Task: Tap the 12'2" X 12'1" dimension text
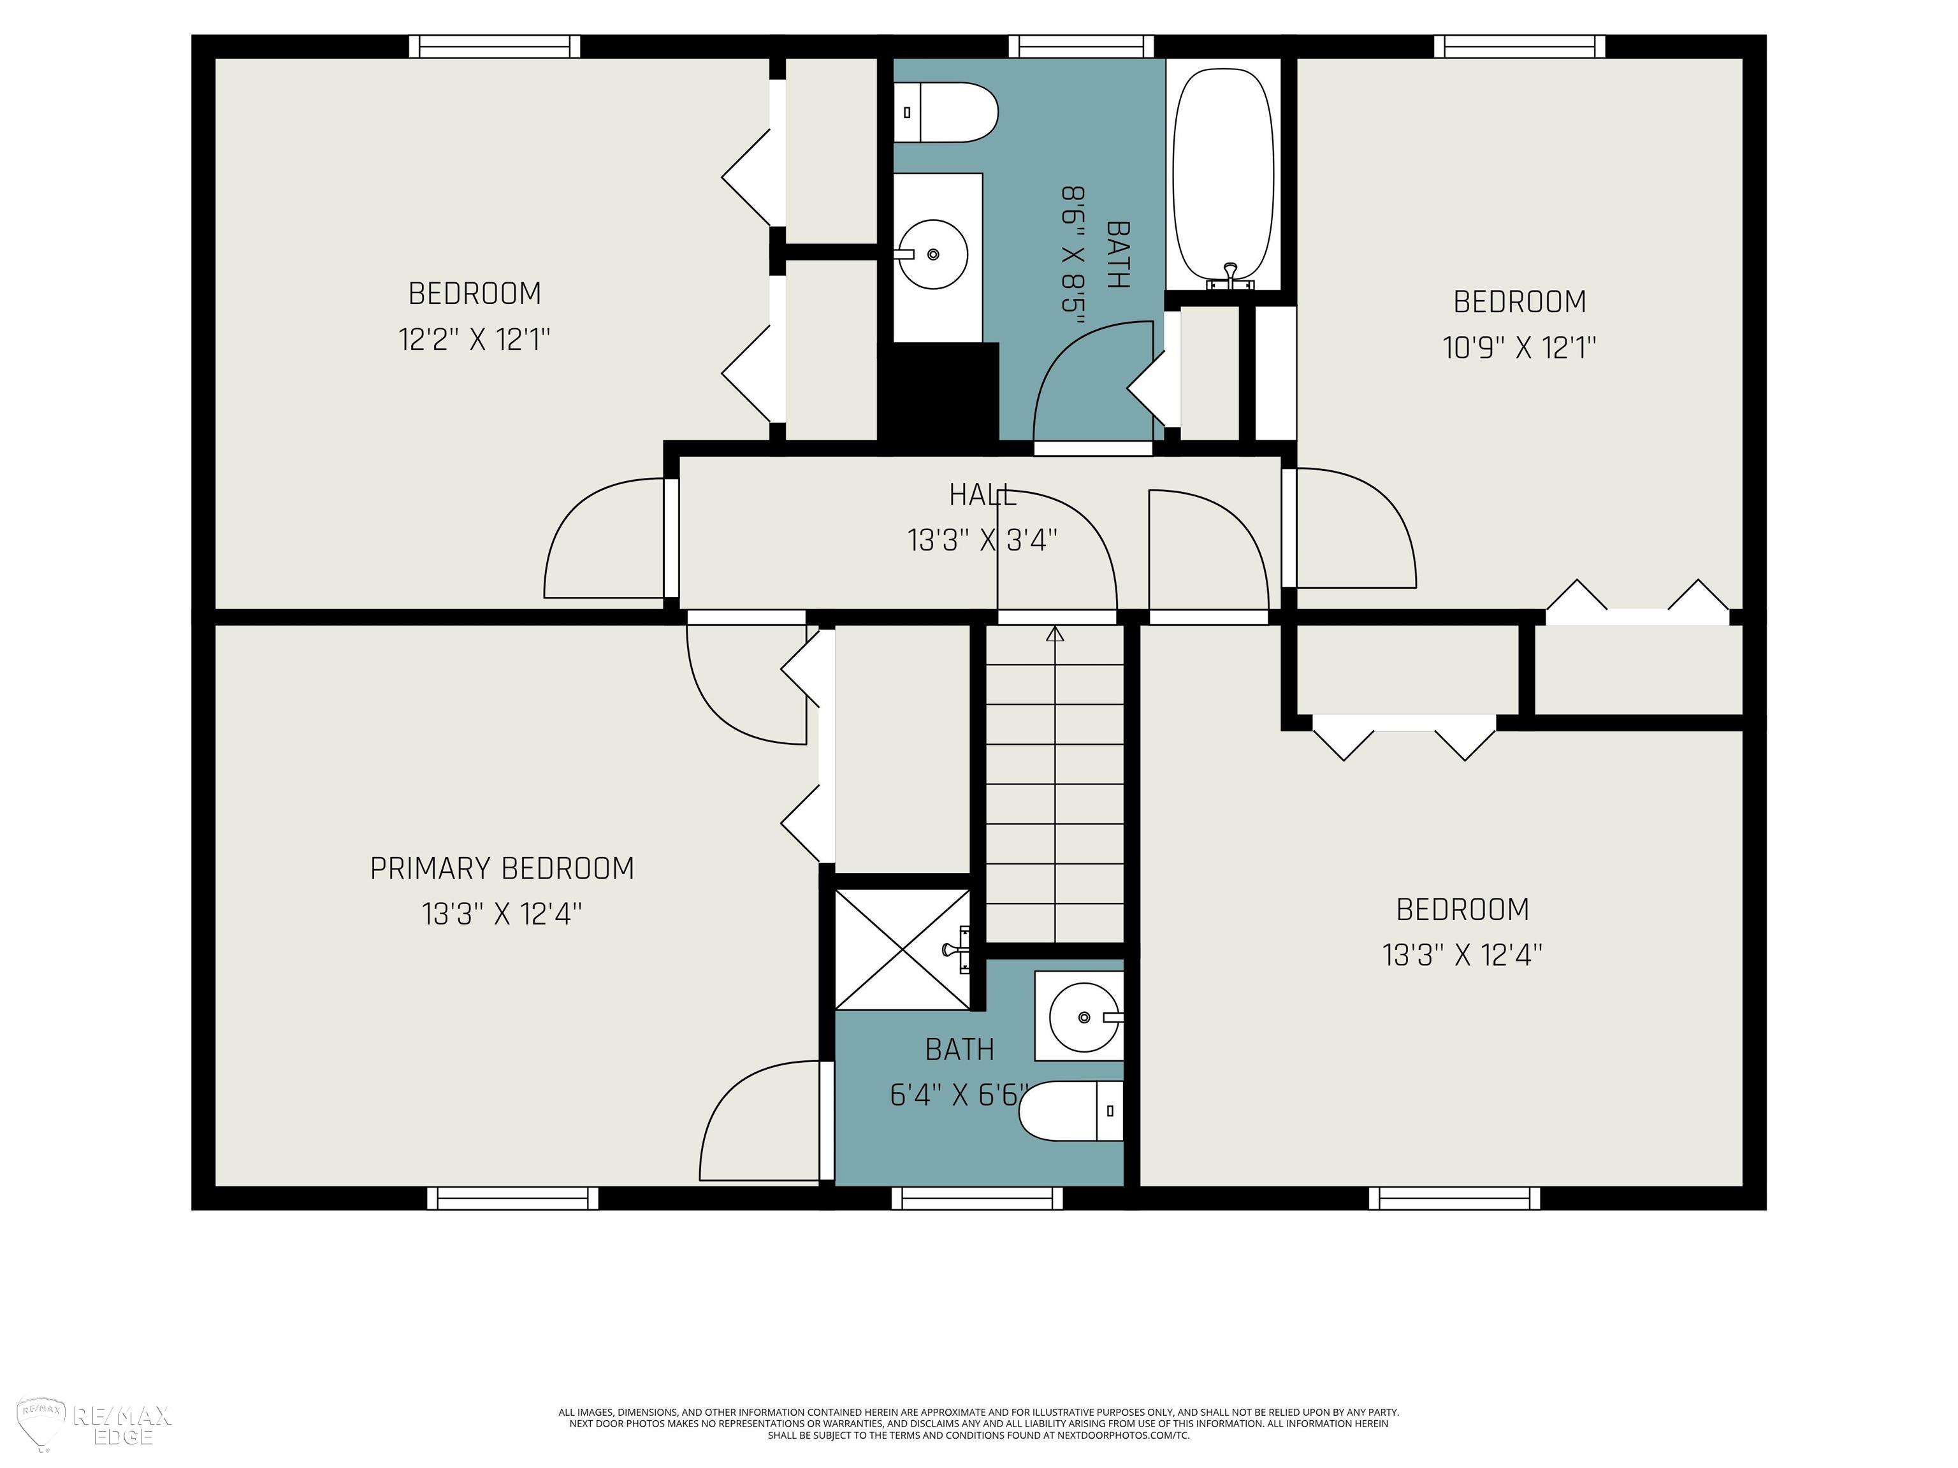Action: pyautogui.click(x=475, y=339)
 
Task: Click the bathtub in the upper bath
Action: pyautogui.click(x=1223, y=175)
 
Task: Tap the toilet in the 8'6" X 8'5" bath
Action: pyautogui.click(x=945, y=112)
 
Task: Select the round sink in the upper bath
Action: pyautogui.click(x=933, y=254)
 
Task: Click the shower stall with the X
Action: pyautogui.click(x=903, y=949)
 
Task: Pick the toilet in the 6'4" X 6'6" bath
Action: pyautogui.click(x=1071, y=1111)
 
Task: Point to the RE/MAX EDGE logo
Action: pyautogui.click(x=95, y=1425)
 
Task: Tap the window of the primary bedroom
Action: pyautogui.click(x=512, y=1198)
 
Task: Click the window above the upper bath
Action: pyautogui.click(x=1082, y=46)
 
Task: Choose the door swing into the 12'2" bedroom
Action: pyautogui.click(x=605, y=538)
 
